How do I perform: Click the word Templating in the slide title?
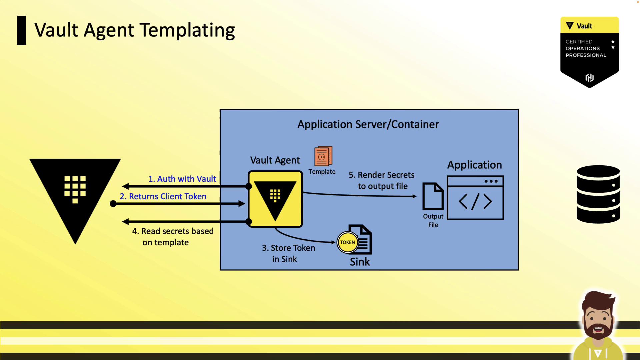pos(187,31)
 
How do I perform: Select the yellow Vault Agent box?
pos(275,199)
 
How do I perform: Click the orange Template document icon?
pos(323,156)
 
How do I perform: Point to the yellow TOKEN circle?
pos(347,242)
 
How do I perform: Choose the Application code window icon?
pos(475,198)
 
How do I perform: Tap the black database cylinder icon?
pos(598,194)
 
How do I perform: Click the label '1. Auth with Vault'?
pos(182,179)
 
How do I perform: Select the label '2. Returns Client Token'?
pos(163,197)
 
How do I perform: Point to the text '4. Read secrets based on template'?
pos(173,237)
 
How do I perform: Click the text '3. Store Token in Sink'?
pos(288,253)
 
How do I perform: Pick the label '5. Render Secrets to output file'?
pos(382,180)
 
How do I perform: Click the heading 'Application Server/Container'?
pos(368,124)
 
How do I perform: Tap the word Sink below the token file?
pos(360,262)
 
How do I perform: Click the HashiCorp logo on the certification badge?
pos(590,78)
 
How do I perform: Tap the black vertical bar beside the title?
pos(21,30)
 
